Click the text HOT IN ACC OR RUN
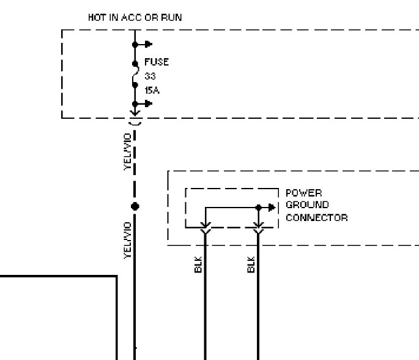[x=135, y=17]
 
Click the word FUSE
[x=156, y=62]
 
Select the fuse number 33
[x=150, y=77]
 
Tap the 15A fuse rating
[x=152, y=91]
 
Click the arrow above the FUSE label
[x=147, y=44]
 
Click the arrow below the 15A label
[x=147, y=103]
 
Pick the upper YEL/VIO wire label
[x=128, y=151]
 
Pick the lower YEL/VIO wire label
[x=128, y=240]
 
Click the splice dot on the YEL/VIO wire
[x=135, y=206]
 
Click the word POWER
[x=303, y=193]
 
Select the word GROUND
[x=307, y=205]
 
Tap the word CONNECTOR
[x=316, y=217]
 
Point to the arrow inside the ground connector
[x=271, y=207]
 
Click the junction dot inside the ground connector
[x=258, y=207]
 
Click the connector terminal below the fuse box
[x=135, y=116]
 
